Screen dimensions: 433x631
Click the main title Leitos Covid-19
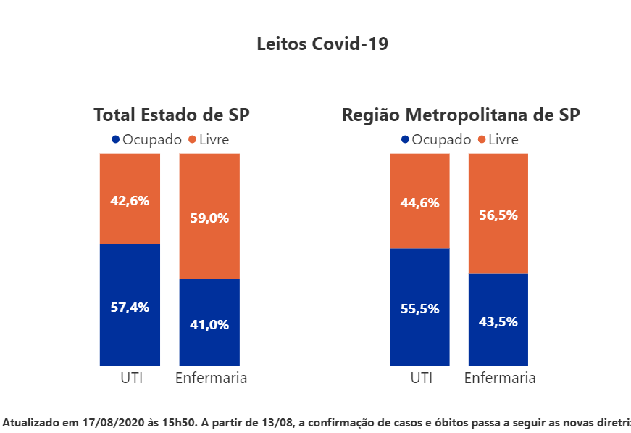point(322,44)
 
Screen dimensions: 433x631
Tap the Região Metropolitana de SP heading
point(461,115)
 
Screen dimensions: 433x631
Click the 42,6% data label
point(130,201)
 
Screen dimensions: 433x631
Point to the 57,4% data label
point(130,307)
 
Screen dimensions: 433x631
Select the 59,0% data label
point(209,218)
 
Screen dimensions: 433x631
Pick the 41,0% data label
point(209,325)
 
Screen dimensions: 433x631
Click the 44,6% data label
point(419,203)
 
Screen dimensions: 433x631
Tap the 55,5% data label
point(419,308)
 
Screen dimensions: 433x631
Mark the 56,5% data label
point(498,215)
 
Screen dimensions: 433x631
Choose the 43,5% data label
point(498,322)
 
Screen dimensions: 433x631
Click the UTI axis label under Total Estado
point(130,378)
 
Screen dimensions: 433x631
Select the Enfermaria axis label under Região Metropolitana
point(500,378)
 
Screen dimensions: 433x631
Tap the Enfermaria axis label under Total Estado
point(212,378)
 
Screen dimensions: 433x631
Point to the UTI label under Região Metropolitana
point(421,378)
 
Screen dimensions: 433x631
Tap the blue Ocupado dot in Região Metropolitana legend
point(405,139)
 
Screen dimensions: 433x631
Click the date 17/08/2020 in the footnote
point(110,421)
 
